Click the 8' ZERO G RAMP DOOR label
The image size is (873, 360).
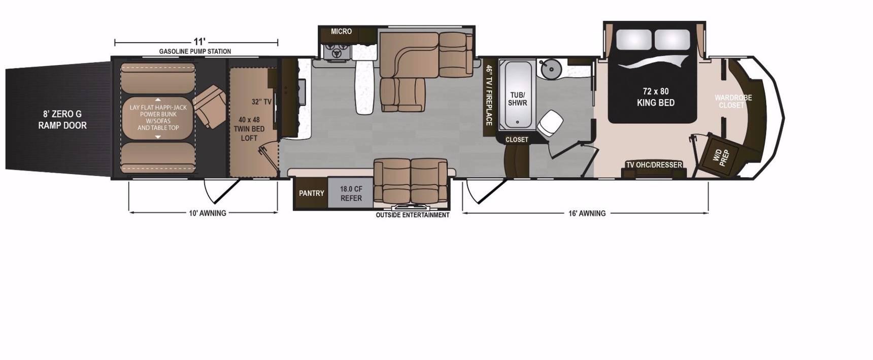click(62, 120)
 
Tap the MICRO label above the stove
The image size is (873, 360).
click(341, 31)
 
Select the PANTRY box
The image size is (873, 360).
click(311, 193)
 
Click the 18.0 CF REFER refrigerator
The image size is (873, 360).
click(351, 193)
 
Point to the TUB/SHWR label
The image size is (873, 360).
click(517, 99)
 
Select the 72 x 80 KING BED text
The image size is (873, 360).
click(656, 97)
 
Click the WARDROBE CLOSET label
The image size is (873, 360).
click(733, 101)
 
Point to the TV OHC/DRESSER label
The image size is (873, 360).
click(654, 165)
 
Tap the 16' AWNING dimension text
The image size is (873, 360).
click(587, 213)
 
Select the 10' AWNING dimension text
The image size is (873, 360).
click(208, 213)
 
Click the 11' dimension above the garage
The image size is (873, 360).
click(199, 42)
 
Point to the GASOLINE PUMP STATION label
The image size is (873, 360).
click(195, 51)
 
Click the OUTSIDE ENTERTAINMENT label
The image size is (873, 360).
click(413, 215)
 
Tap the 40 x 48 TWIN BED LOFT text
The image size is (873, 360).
click(249, 129)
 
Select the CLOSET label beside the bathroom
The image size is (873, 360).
click(517, 140)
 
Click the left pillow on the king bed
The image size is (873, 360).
click(633, 40)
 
